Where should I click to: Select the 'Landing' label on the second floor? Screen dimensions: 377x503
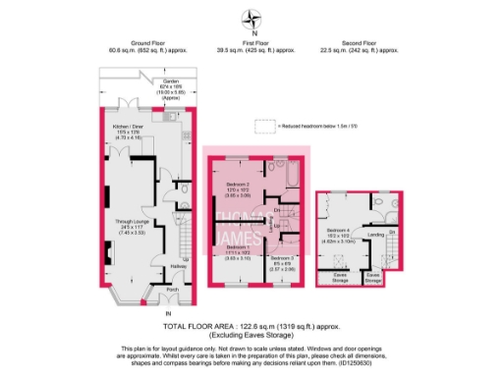375,235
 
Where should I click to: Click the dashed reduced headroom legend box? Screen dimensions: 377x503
263,125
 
